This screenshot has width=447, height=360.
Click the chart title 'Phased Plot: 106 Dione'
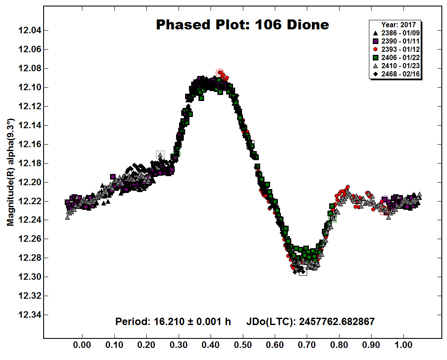tap(242, 25)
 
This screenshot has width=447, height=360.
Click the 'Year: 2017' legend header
tap(399, 25)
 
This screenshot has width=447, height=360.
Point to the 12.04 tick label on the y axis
tap(29, 30)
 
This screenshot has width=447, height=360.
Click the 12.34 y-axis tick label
tap(29, 315)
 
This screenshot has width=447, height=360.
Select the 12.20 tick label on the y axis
tap(29, 182)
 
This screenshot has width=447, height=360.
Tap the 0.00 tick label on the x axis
tap(82, 345)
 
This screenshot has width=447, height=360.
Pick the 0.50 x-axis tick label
tap(243, 345)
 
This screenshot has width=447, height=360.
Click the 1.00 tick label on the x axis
tap(403, 345)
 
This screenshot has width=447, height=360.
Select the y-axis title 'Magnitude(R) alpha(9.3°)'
tap(10, 173)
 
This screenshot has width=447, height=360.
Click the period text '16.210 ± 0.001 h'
tap(192, 322)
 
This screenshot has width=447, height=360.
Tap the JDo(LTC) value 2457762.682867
tap(337, 322)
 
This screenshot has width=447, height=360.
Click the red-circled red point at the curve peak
tap(220, 73)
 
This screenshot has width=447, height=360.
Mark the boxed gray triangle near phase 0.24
tap(160, 155)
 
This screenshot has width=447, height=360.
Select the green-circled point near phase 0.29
tap(177, 154)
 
